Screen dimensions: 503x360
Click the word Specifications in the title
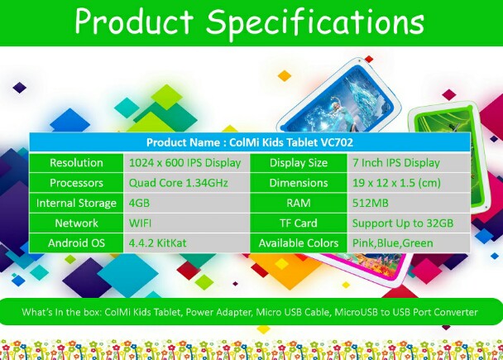(315, 22)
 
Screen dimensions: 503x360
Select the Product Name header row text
(250, 142)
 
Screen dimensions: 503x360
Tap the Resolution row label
(76, 163)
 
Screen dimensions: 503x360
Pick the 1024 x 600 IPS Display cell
(184, 163)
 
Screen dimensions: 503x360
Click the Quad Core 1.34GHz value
(179, 183)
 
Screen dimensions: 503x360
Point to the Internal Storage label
(76, 204)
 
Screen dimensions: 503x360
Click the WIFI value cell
(140, 223)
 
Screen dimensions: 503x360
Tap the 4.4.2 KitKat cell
(157, 242)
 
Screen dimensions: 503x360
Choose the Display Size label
(299, 163)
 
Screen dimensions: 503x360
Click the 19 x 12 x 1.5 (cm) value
(396, 183)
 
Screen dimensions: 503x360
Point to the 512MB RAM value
(370, 203)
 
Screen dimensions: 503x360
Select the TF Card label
(299, 223)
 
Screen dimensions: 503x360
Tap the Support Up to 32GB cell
(403, 223)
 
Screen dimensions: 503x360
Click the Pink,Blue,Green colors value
(393, 243)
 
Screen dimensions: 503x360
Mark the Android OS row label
(76, 242)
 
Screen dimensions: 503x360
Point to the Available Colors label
(299, 243)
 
